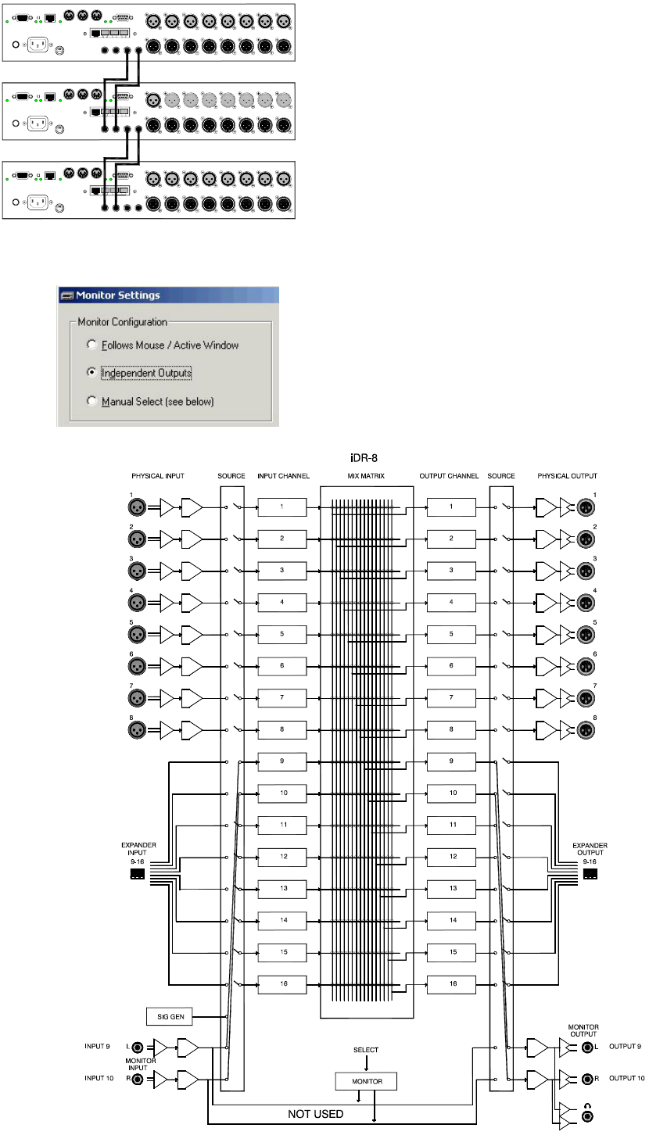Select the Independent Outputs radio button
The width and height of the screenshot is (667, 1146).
coord(91,372)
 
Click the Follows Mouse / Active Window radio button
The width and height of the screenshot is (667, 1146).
coord(91,344)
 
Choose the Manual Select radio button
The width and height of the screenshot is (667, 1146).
coord(91,400)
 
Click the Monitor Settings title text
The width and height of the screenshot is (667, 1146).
coord(118,295)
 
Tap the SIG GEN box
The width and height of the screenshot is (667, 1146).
coord(170,1016)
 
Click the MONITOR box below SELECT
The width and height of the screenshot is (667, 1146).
coord(366,1081)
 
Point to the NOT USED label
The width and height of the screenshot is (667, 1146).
coord(315,1114)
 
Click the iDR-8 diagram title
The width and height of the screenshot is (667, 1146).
coord(364,458)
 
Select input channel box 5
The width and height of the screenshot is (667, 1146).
coord(282,635)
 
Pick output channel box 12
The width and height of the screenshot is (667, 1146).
coord(451,857)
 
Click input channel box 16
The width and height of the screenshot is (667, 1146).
coord(282,984)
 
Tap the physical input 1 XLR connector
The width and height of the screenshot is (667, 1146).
coord(137,507)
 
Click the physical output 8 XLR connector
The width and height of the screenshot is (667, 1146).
coord(586,730)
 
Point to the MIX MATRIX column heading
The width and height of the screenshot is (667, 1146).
coord(366,476)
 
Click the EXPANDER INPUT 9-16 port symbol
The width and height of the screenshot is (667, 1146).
coord(137,874)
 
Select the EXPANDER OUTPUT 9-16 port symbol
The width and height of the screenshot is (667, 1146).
coord(590,874)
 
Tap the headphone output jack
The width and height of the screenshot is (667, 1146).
coord(588,1116)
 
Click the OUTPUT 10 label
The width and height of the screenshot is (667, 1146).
coord(626,1078)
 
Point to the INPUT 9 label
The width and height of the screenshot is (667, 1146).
coord(97,1046)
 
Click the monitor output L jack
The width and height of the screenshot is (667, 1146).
coord(588,1048)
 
